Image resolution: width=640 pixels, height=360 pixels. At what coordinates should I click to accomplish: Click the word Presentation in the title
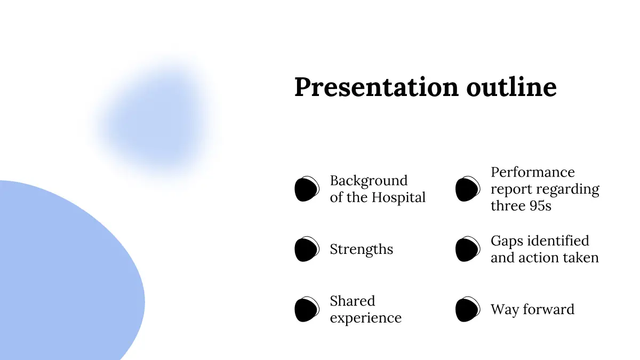click(377, 87)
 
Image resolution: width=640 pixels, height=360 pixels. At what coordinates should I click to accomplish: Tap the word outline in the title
click(511, 86)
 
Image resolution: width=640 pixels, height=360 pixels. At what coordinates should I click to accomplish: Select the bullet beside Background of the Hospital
click(307, 189)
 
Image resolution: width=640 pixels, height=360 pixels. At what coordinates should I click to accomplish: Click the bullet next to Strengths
click(307, 249)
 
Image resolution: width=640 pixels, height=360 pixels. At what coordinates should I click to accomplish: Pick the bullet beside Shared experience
click(307, 309)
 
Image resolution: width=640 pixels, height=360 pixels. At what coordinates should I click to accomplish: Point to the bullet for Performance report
click(468, 189)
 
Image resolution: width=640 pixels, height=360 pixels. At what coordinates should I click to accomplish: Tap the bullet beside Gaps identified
click(468, 249)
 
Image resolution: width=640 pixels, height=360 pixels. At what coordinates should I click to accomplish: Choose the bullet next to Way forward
click(468, 309)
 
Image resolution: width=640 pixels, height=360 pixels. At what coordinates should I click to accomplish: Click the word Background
click(369, 181)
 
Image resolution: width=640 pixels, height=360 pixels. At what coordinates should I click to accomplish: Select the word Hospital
click(398, 198)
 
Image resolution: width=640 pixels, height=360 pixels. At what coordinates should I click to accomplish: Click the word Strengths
click(362, 250)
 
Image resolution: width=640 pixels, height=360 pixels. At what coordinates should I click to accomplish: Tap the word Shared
click(353, 301)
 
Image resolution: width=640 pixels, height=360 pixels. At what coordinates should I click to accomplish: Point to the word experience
click(366, 318)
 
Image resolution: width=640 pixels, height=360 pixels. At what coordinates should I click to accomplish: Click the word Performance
click(533, 172)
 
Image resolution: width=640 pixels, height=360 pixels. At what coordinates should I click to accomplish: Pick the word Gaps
click(507, 242)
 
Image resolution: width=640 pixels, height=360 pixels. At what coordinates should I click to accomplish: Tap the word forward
click(549, 309)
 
